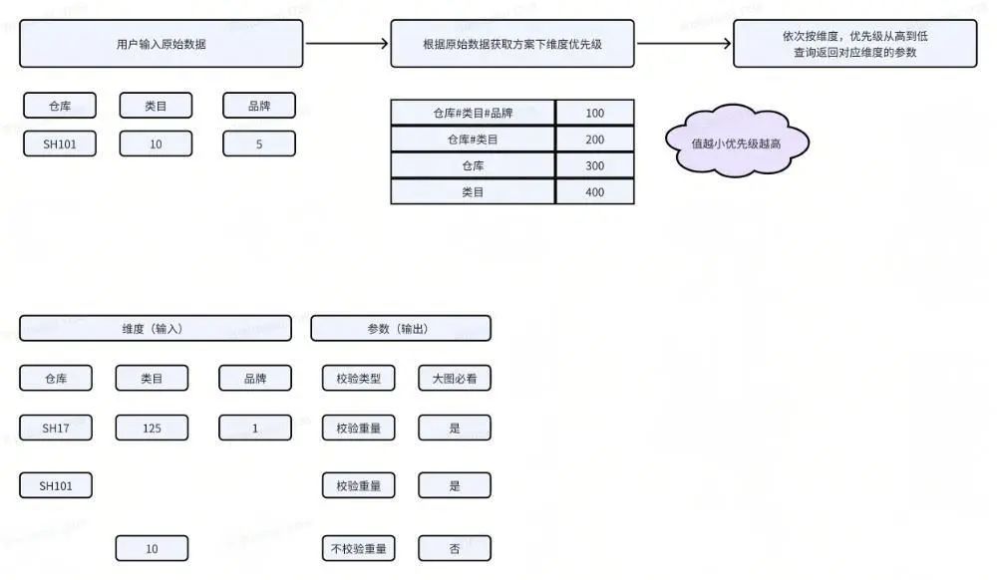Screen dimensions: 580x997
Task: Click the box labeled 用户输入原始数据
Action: [161, 44]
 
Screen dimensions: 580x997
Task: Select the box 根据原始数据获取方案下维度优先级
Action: [511, 44]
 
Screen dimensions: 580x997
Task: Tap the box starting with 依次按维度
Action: [854, 44]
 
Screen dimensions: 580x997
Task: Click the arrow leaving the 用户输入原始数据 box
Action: [346, 44]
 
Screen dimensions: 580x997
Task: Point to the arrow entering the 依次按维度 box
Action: [684, 44]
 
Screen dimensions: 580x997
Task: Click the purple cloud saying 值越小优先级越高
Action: [737, 143]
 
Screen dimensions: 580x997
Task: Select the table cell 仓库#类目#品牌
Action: [473, 113]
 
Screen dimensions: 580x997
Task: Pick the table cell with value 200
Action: [594, 140]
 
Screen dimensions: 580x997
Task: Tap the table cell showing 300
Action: [594, 165]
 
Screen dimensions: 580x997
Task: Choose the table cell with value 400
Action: [594, 192]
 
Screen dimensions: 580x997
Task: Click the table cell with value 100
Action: [594, 113]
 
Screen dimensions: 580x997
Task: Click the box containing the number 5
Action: [259, 145]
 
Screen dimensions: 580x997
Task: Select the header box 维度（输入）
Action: [156, 328]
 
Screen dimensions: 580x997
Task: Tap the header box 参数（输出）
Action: [401, 328]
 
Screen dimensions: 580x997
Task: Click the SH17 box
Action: [56, 429]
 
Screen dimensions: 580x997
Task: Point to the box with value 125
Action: [152, 429]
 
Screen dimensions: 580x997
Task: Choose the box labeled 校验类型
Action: [358, 378]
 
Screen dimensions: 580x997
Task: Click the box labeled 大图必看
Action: [455, 378]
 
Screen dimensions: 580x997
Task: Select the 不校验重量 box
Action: [358, 548]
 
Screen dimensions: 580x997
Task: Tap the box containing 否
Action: [455, 548]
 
